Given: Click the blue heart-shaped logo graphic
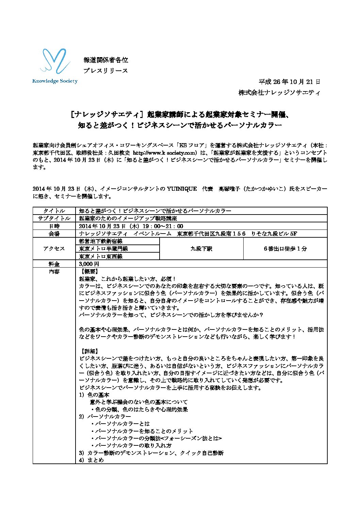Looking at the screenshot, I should [x=55, y=62].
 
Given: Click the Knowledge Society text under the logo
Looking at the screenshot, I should [x=55, y=81].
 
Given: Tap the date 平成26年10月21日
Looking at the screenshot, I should [x=289, y=82].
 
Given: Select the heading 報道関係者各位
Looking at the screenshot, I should [x=106, y=60].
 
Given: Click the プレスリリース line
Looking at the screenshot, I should [x=106, y=71].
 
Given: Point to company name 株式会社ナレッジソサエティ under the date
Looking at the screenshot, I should [x=279, y=92].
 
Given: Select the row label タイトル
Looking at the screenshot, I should [x=54, y=211].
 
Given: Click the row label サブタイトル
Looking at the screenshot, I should [x=54, y=218].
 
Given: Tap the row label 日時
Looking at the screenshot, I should [x=54, y=226].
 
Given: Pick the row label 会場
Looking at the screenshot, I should [x=54, y=234].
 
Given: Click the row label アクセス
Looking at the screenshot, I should [x=54, y=249].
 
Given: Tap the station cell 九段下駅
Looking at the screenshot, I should [x=201, y=249].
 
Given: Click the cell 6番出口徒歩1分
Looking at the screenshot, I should [x=285, y=249].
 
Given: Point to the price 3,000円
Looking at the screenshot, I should [x=89, y=264].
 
